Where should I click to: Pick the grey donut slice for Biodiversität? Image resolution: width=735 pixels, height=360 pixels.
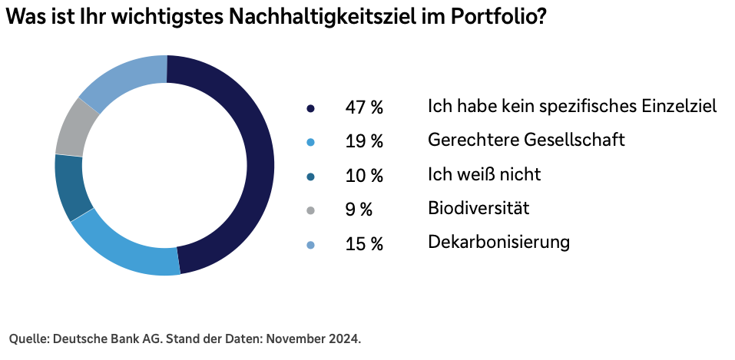click(76, 127)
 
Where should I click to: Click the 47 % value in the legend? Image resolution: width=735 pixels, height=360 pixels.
click(363, 107)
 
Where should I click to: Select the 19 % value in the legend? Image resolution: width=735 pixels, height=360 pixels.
click(363, 142)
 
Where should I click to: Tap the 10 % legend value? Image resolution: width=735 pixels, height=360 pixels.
click(363, 176)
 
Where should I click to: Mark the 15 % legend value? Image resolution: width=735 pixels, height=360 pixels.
click(363, 244)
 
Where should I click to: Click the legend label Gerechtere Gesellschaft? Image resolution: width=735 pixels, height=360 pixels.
click(526, 140)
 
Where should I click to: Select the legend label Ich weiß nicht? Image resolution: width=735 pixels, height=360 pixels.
click(484, 174)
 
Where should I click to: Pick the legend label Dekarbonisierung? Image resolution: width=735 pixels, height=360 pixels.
click(498, 243)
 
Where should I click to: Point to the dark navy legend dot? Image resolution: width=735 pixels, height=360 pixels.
click(310, 109)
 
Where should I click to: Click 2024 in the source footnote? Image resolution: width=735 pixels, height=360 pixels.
click(345, 339)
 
